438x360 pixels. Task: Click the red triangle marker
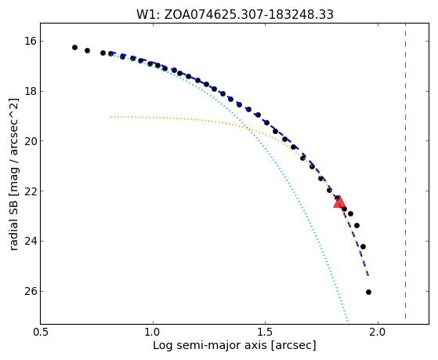pyautogui.click(x=339, y=202)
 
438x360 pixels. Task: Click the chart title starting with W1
pyautogui.click(x=234, y=14)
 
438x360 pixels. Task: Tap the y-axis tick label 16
pyautogui.click(x=31, y=42)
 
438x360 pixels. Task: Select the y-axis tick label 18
pyautogui.click(x=31, y=92)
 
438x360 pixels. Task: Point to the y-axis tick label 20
pyautogui.click(x=31, y=141)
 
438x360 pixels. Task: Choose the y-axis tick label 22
pyautogui.click(x=31, y=191)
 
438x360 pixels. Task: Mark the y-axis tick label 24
pyautogui.click(x=31, y=241)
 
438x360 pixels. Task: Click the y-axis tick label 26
pyautogui.click(x=31, y=291)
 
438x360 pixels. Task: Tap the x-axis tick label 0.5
pyautogui.click(x=41, y=332)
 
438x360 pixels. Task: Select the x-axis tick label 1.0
pyautogui.click(x=153, y=332)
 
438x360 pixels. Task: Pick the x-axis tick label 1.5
pyautogui.click(x=266, y=332)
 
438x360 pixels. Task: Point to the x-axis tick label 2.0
pyautogui.click(x=378, y=332)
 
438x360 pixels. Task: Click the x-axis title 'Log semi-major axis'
pyautogui.click(x=210, y=346)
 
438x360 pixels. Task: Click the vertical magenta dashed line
pyautogui.click(x=405, y=171)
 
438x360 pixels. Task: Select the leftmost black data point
pyautogui.click(x=74, y=47)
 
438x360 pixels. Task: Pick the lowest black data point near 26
pyautogui.click(x=368, y=292)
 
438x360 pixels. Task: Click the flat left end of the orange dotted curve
pyautogui.click(x=111, y=117)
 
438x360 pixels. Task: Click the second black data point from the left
pyautogui.click(x=87, y=50)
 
